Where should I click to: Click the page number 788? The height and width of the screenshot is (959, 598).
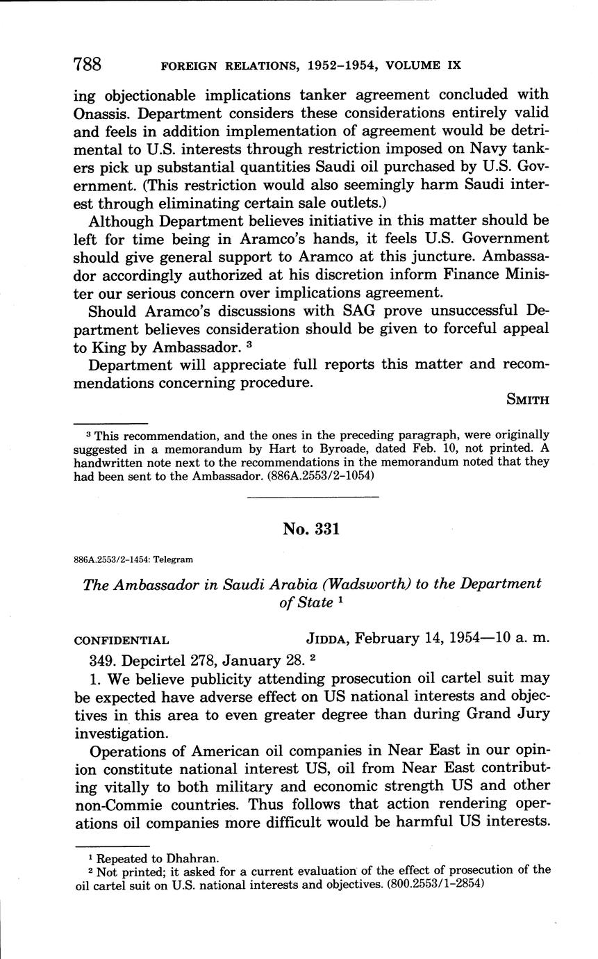pyautogui.click(x=88, y=65)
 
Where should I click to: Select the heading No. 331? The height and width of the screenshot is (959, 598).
pyautogui.click(x=311, y=529)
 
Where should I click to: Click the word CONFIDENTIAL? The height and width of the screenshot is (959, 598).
pyautogui.click(x=121, y=640)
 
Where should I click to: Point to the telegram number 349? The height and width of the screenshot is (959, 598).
pyautogui.click(x=104, y=659)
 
